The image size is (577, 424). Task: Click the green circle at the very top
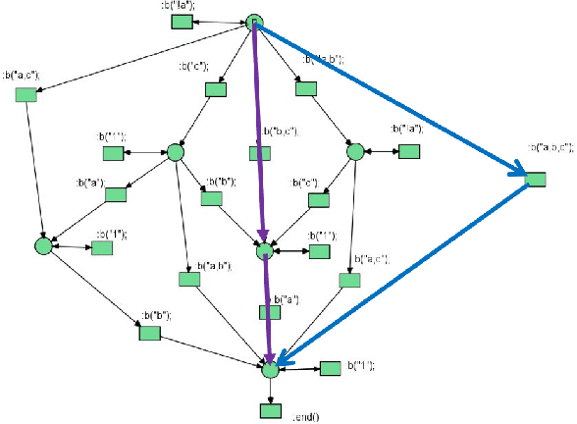[x=254, y=23]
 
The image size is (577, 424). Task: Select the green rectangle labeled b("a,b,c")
[x=535, y=180]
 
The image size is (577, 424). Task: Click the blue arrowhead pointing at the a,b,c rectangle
[x=516, y=174]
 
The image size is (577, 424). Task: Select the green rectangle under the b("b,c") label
[x=258, y=151]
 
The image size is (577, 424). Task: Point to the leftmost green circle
[x=42, y=245]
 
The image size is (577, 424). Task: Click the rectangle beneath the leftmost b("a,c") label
[x=26, y=94]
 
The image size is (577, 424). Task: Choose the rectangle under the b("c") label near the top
[x=216, y=89]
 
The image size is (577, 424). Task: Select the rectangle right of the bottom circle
[x=331, y=369]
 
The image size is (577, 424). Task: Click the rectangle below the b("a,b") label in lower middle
[x=190, y=280]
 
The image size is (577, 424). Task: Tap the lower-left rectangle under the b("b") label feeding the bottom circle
[x=148, y=334]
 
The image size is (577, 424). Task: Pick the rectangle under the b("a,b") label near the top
[x=305, y=87]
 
